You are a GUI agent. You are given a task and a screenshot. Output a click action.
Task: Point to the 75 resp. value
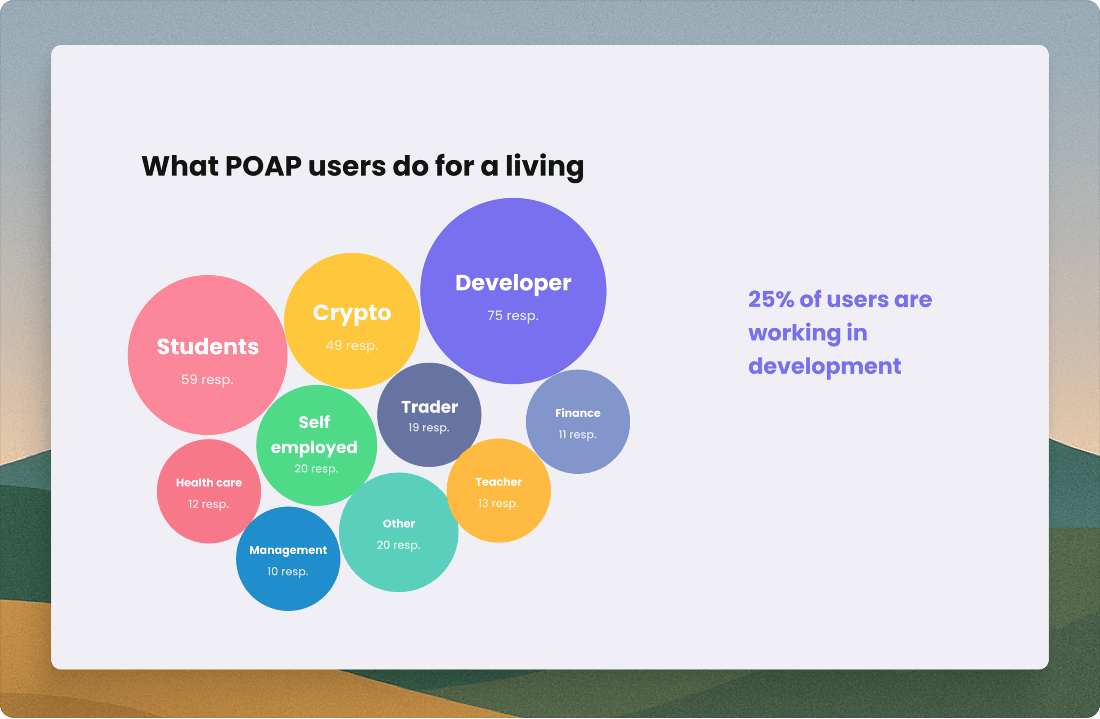pyautogui.click(x=513, y=315)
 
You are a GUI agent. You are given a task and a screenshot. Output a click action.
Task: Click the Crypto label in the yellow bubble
pyautogui.click(x=352, y=314)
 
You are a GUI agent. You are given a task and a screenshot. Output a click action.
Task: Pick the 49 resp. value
pyautogui.click(x=352, y=345)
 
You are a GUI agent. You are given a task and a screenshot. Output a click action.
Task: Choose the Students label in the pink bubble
pyautogui.click(x=208, y=347)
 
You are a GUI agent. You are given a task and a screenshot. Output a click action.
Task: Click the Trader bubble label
pyautogui.click(x=429, y=407)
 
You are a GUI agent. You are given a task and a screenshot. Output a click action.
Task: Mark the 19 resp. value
pyautogui.click(x=429, y=428)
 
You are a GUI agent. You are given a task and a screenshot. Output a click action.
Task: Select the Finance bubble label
pyautogui.click(x=578, y=413)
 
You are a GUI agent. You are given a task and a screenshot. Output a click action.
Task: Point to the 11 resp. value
pyautogui.click(x=577, y=435)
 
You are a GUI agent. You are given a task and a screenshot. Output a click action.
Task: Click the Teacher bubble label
pyautogui.click(x=499, y=482)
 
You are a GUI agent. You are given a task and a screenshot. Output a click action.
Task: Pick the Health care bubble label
pyautogui.click(x=209, y=483)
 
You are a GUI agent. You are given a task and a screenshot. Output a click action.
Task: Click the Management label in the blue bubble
pyautogui.click(x=288, y=550)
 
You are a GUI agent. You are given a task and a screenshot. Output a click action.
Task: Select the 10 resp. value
pyautogui.click(x=288, y=572)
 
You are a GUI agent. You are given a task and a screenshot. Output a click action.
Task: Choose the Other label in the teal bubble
pyautogui.click(x=399, y=524)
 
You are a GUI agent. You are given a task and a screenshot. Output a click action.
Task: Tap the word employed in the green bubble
pyautogui.click(x=314, y=447)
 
